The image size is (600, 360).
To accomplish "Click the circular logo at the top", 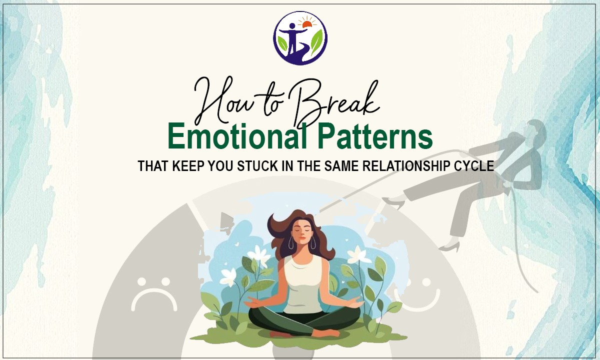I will tap(300, 38).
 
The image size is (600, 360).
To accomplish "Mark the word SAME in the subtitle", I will tap(337, 166).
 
